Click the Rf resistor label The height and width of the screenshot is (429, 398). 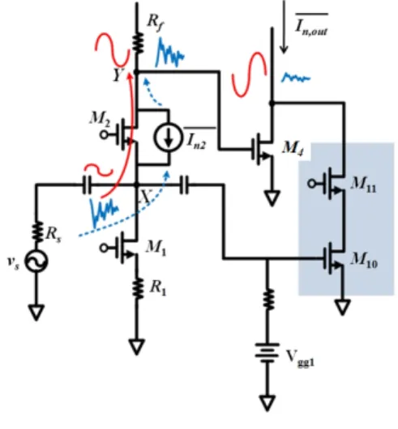pos(156,23)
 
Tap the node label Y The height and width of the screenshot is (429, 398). pos(119,74)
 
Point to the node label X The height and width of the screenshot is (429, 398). pos(146,196)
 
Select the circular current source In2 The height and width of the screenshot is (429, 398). pos(168,137)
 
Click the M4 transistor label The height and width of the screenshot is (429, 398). pos(293,149)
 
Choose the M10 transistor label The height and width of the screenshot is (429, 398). pos(364,260)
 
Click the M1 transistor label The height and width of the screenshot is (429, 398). pos(156,248)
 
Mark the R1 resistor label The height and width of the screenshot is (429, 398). pos(158,288)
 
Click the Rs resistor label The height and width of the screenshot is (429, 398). pos(53,235)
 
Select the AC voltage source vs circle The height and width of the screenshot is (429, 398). pos(36,261)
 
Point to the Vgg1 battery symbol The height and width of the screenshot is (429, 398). pos(267,353)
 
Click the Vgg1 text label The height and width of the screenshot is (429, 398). pos(300,358)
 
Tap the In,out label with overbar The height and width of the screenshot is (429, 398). pos(311,25)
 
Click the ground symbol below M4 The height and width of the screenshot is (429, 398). pos(272,198)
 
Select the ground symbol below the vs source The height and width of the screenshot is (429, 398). pos(36,312)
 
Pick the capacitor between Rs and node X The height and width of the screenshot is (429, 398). pos(87,185)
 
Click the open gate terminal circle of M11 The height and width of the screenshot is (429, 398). pos(312,184)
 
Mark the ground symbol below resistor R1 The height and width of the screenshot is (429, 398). pos(136,346)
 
